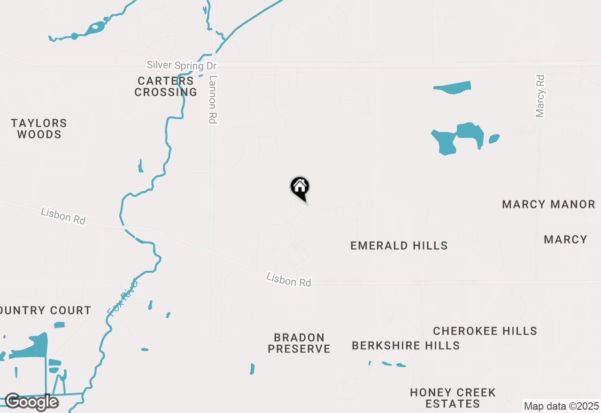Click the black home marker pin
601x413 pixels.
pos(300,188)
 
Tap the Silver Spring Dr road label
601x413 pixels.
pos(181,65)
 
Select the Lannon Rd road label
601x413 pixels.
pos(213,99)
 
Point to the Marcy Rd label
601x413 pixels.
pos(540,96)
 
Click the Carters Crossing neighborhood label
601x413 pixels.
pos(166,86)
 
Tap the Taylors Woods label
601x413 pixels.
pos(39,129)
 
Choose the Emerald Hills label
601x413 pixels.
pos(399,245)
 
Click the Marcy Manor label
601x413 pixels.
pos(548,204)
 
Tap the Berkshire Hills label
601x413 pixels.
pos(406,345)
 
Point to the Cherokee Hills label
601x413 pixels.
pos(485,331)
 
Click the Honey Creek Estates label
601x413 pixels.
pos(453,398)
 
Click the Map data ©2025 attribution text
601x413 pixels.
pos(561,406)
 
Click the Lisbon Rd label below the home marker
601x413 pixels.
pos(288,280)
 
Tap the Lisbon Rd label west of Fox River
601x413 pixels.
pos(63,216)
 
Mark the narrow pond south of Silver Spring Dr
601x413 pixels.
pos(452,87)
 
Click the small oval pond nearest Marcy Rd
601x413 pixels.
pos(494,138)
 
